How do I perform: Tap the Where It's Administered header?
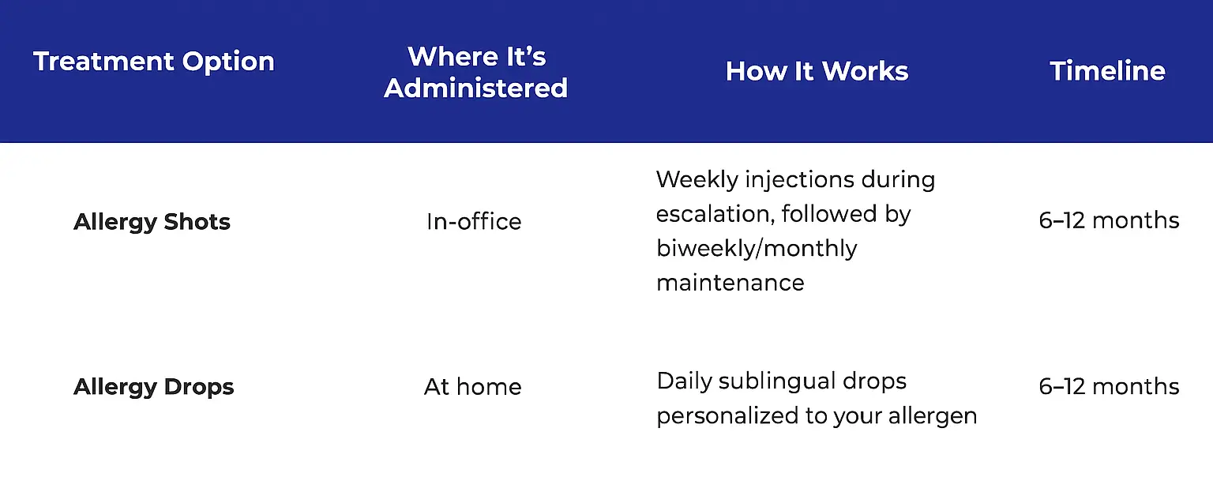[476, 73]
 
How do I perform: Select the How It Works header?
[817, 71]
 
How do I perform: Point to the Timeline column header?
[1107, 71]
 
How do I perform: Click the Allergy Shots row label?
[152, 222]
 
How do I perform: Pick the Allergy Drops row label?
[154, 387]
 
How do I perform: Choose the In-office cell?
[474, 221]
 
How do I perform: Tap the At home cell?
[473, 387]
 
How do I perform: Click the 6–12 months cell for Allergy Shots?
[1109, 221]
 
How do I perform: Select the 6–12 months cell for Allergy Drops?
[1109, 386]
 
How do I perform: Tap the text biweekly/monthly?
[757, 249]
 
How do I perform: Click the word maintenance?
[730, 283]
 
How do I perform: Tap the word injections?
[799, 180]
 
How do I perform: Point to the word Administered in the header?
[476, 88]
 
